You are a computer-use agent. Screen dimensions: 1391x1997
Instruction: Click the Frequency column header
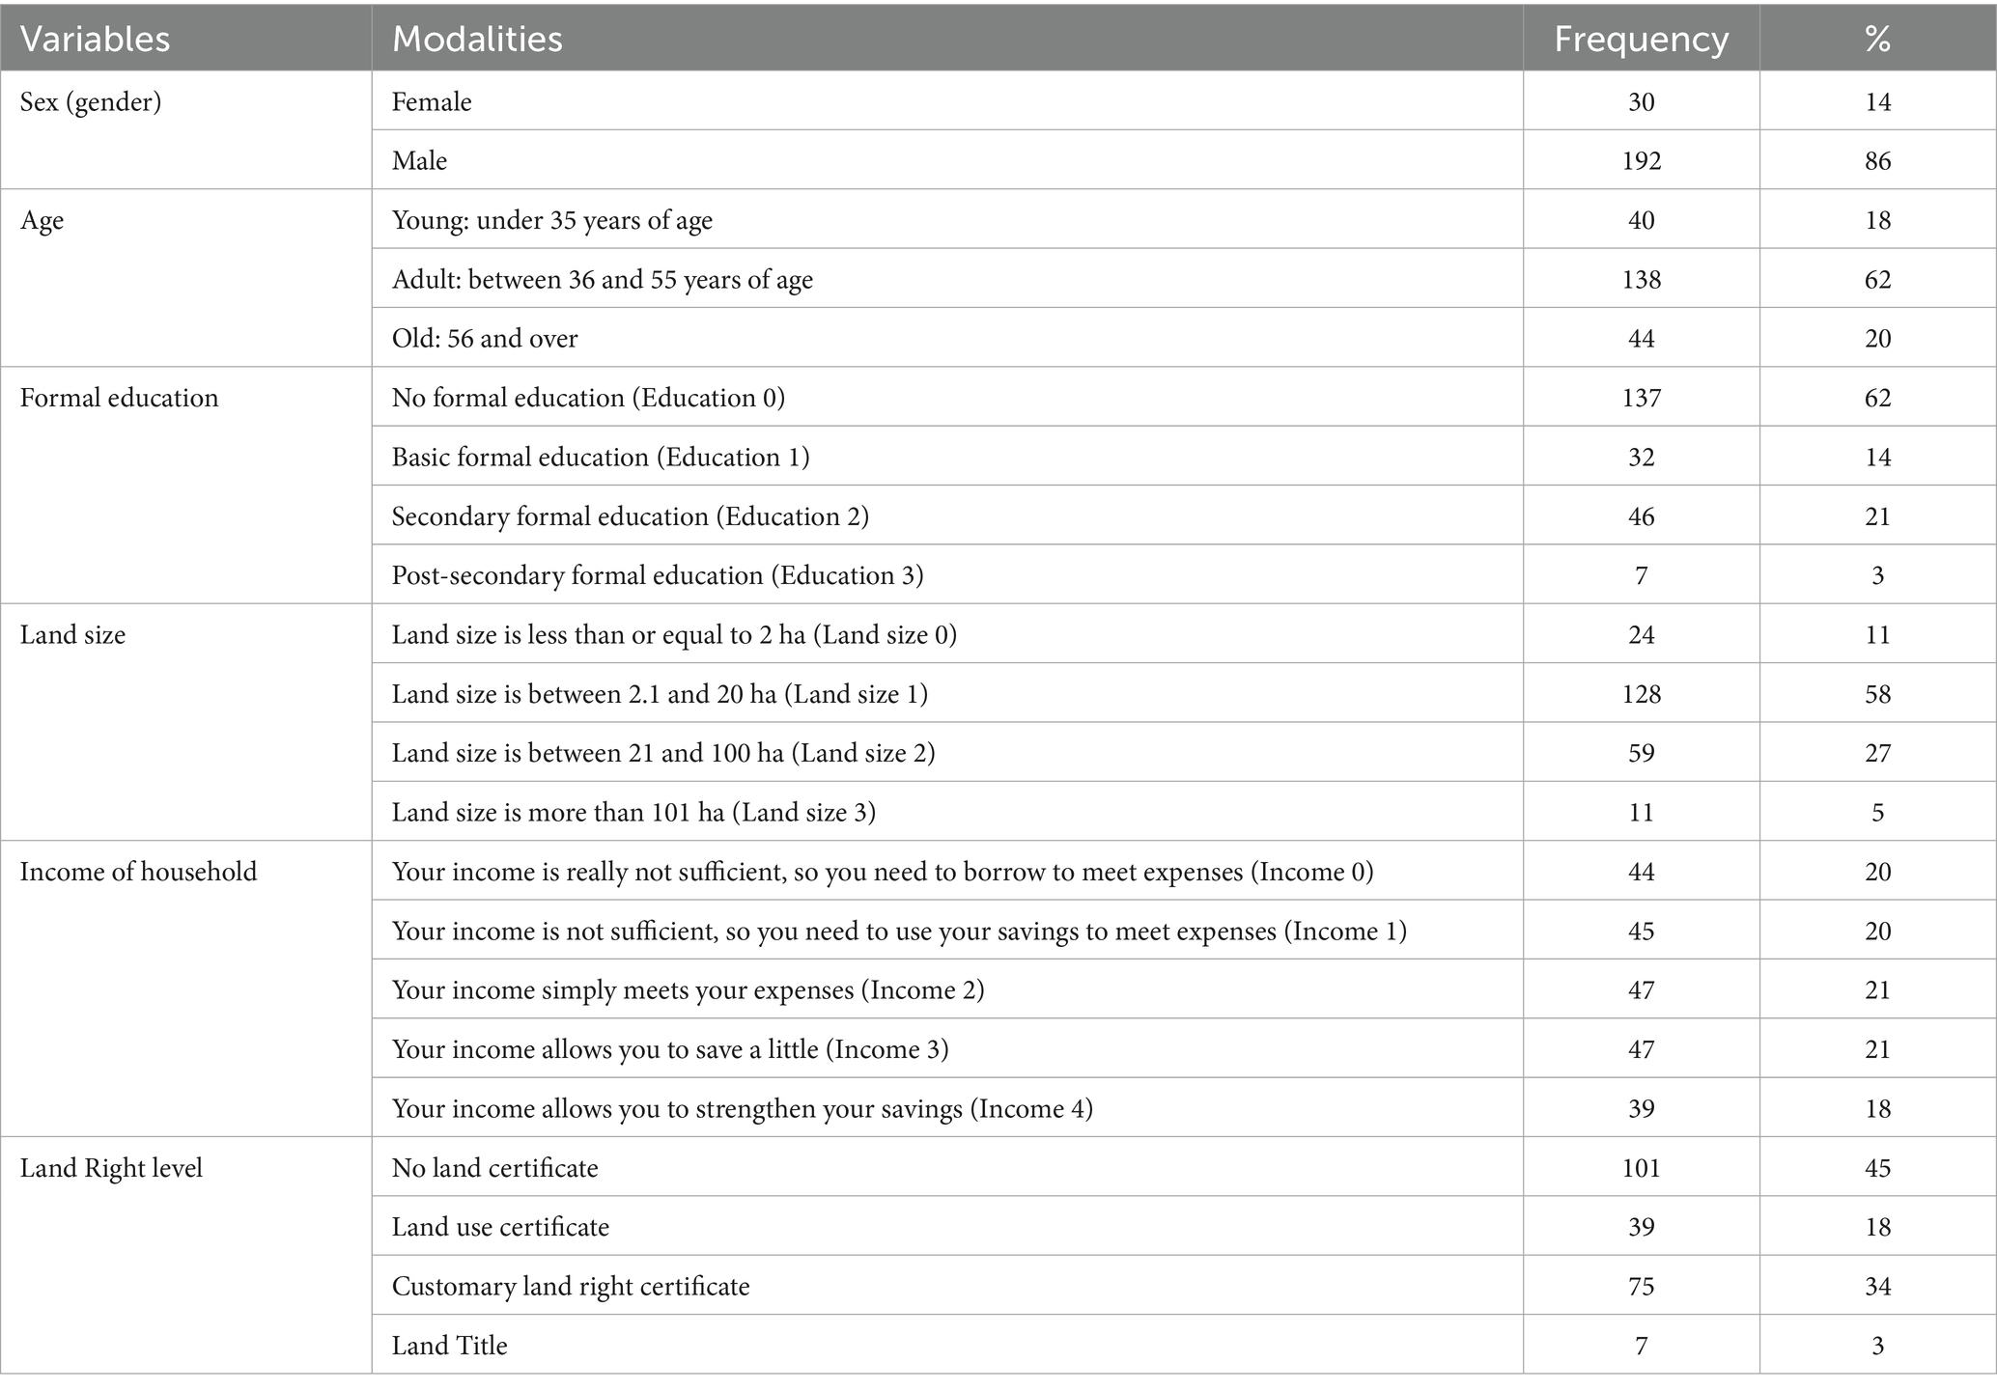point(1641,39)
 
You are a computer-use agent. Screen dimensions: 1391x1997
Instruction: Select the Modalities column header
point(477,39)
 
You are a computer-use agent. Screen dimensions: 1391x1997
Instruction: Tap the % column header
point(1877,39)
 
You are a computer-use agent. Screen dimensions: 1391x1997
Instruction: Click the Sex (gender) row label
point(91,101)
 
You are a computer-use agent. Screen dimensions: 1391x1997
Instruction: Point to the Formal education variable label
point(119,398)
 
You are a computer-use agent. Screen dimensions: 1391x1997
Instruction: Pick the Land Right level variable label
point(111,1168)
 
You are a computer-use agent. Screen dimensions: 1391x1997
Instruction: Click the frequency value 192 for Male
point(1641,160)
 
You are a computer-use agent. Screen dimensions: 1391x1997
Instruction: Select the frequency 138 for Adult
point(1641,280)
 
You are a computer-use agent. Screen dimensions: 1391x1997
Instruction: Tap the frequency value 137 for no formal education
point(1641,398)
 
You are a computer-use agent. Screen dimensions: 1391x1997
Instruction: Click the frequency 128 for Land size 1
point(1641,694)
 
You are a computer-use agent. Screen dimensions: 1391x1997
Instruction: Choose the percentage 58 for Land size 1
point(1877,694)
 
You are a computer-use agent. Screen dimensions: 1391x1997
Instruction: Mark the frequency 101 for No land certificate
point(1641,1168)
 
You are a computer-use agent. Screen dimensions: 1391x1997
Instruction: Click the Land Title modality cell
point(449,1346)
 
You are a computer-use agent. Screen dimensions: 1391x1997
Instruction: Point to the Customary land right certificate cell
point(571,1286)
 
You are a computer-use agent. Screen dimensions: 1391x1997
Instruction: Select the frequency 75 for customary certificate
point(1641,1286)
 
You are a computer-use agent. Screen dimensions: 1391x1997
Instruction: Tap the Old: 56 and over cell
point(485,339)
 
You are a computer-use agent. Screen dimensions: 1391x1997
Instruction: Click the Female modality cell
point(432,101)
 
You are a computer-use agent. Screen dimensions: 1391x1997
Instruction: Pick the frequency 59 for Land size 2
point(1641,753)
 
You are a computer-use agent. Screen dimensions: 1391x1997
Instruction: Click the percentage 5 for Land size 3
point(1877,812)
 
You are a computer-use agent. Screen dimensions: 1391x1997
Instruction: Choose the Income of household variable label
point(138,872)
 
